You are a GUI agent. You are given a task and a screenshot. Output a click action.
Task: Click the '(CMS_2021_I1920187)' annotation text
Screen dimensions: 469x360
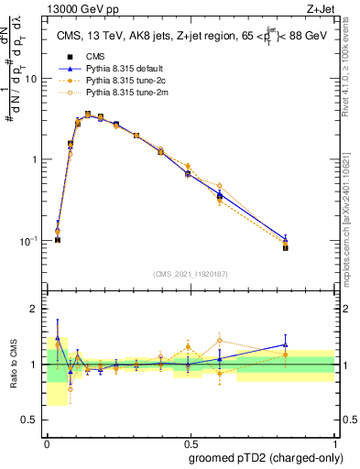tap(191, 273)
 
